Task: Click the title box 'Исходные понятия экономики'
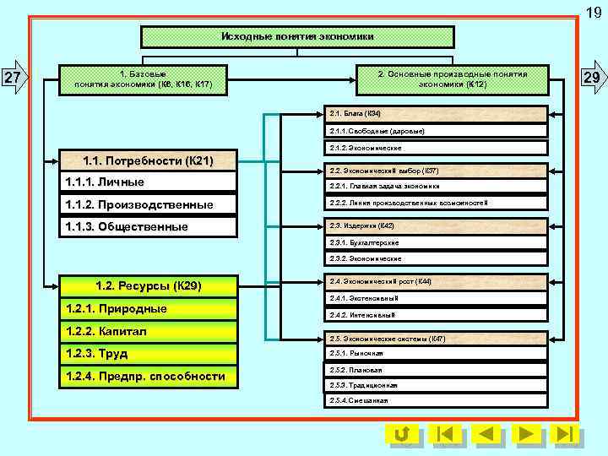point(296,37)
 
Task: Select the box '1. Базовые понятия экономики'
point(144,79)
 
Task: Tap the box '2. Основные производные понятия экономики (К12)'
point(452,79)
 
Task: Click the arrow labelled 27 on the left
point(15,79)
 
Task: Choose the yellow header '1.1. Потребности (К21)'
point(148,160)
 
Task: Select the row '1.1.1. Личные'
point(148,182)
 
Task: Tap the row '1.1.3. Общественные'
point(148,226)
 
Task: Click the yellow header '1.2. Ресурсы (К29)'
point(148,285)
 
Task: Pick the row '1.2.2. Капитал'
point(148,331)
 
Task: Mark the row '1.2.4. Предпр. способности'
point(148,376)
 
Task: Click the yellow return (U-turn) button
point(403,434)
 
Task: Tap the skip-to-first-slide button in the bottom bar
point(445,434)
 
